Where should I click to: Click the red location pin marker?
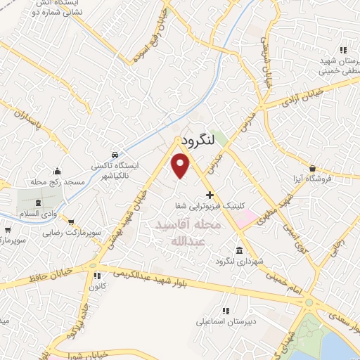pyautogui.click(x=181, y=166)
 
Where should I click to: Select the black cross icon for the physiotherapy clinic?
pyautogui.click(x=210, y=194)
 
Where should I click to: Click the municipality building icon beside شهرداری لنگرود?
pyautogui.click(x=240, y=251)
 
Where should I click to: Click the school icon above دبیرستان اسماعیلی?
pyautogui.click(x=225, y=310)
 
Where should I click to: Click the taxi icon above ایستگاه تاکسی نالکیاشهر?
pyautogui.click(x=114, y=155)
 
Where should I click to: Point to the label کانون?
pyautogui.click(x=97, y=286)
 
